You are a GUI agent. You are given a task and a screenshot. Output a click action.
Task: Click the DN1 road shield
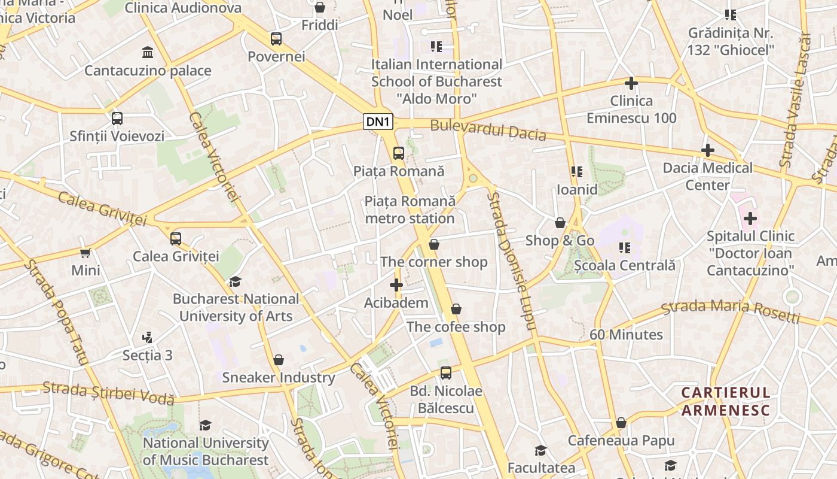(x=378, y=122)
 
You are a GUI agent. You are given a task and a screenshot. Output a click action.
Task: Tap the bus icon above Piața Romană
(x=399, y=153)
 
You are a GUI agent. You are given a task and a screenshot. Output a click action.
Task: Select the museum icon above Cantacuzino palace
(x=148, y=53)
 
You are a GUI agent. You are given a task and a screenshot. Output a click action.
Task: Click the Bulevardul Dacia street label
(x=488, y=130)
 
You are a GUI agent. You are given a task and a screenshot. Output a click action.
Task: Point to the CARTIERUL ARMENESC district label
(x=726, y=401)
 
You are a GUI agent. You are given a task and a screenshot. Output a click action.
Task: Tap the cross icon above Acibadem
(x=396, y=285)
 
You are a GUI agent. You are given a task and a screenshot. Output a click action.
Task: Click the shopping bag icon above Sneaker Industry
(x=278, y=360)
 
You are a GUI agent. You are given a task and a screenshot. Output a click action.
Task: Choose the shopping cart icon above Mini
(x=85, y=253)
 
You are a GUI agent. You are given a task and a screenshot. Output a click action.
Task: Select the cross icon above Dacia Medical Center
(x=708, y=150)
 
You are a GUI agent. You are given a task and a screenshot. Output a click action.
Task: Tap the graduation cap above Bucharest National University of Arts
(x=235, y=281)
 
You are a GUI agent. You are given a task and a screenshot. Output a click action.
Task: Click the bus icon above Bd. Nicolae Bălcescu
(x=445, y=373)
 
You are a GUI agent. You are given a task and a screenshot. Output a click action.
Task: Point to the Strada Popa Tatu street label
(x=56, y=313)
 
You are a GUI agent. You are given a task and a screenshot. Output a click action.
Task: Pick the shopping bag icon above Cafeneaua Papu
(x=621, y=423)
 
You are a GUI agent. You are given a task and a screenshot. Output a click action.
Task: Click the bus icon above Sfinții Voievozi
(x=117, y=119)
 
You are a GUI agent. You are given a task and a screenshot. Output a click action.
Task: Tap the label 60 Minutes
(x=626, y=335)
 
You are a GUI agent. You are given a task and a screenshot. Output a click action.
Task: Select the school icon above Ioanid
(x=576, y=172)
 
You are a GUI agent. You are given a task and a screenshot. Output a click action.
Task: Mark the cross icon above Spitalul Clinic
(x=750, y=219)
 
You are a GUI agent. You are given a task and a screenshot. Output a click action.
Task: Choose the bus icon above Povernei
(x=276, y=39)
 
